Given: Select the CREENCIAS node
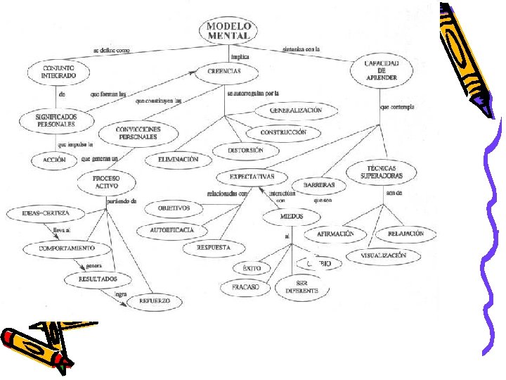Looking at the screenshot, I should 224,71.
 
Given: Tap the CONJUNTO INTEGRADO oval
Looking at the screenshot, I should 58,70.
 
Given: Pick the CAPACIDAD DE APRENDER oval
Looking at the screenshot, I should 381,70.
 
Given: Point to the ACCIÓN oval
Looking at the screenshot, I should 54,160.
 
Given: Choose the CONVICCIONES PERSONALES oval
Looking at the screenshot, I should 138,133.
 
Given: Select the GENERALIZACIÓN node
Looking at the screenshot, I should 295,110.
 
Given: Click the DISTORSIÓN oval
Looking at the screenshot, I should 246,150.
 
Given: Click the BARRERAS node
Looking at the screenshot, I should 323,185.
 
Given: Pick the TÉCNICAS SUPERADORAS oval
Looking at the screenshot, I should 382,172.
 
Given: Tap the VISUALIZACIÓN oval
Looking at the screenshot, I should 384,255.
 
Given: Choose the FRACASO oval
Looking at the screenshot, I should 241,287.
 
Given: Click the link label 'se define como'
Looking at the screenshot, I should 115,50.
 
